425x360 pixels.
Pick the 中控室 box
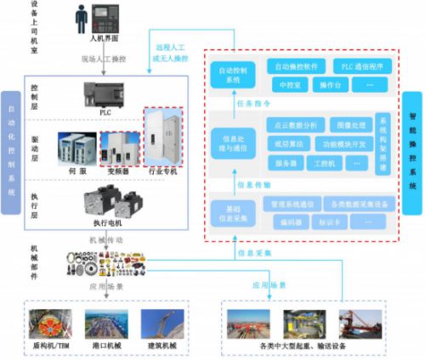288,85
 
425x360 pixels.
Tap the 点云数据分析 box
297,124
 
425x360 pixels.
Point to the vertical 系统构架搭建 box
382,142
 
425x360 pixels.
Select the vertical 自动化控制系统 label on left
11,143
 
